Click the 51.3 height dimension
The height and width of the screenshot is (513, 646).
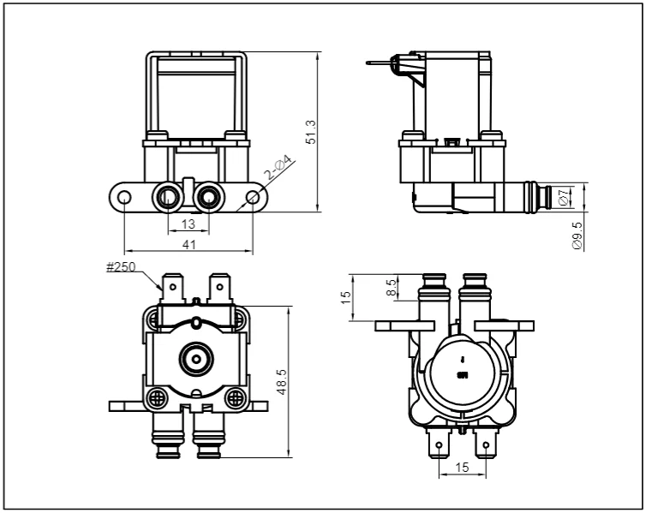(311, 132)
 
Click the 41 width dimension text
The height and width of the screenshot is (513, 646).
(189, 244)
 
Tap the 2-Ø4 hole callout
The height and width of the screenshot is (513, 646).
(278, 169)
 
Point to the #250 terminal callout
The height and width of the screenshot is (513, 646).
(122, 267)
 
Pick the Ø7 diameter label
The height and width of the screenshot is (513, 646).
(563, 197)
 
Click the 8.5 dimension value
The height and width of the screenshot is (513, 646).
(392, 287)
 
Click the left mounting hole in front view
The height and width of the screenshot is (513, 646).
(125, 198)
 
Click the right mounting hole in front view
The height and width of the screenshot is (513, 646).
(253, 198)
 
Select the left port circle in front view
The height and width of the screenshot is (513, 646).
(166, 198)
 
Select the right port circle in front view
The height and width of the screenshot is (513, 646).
(208, 198)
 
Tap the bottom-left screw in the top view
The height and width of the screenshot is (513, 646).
(158, 398)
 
